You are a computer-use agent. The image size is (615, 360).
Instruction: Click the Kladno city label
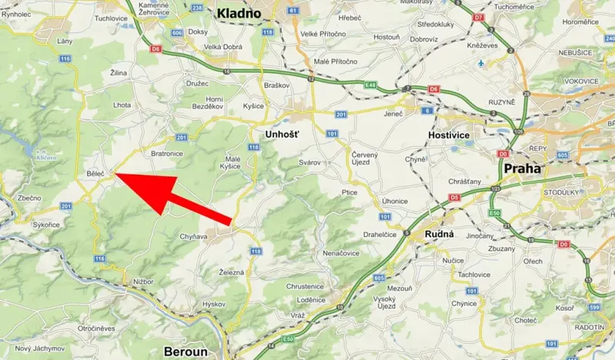coord(241,12)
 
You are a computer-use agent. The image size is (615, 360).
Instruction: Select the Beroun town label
coord(186,352)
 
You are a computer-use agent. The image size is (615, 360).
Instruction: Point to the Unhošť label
coord(281,134)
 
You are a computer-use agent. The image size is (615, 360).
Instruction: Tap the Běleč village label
coord(95,175)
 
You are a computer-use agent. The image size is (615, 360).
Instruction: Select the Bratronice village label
coord(167,153)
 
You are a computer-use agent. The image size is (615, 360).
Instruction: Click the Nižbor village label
coord(143,282)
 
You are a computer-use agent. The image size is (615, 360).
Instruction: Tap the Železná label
coord(232,272)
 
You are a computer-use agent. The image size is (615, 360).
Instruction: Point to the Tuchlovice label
coord(111,18)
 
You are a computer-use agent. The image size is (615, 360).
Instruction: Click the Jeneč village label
coord(393,114)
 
